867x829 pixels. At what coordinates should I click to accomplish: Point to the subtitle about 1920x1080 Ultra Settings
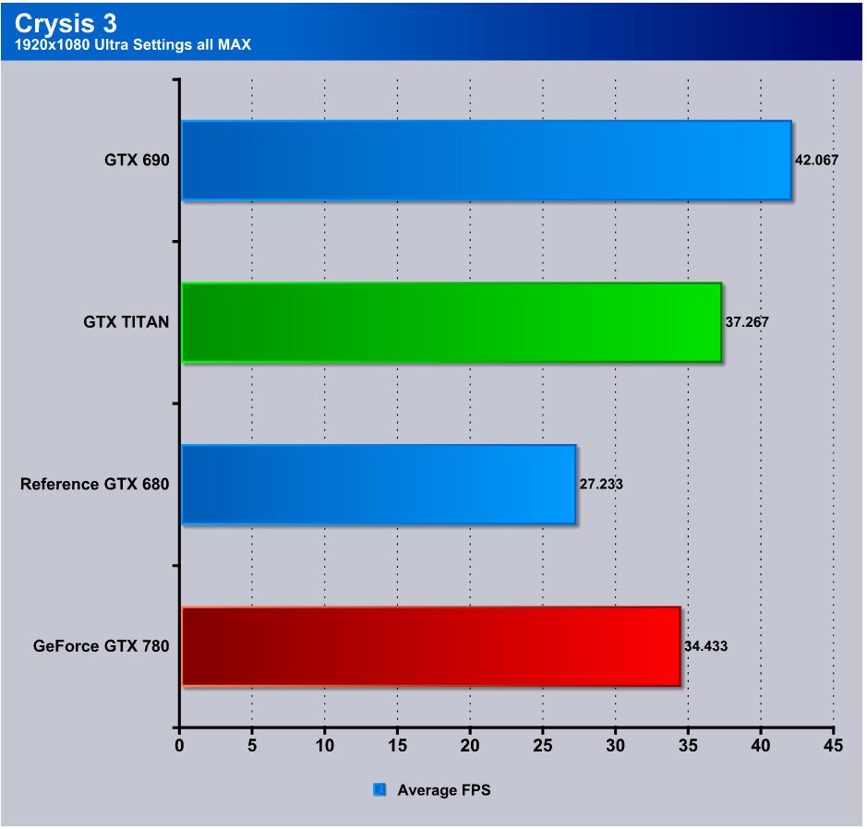pyautogui.click(x=133, y=44)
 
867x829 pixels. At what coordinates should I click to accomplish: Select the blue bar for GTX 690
pyautogui.click(x=486, y=160)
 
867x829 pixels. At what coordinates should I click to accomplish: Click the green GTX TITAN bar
pyautogui.click(x=451, y=322)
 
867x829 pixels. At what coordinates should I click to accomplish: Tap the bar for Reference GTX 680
pyautogui.click(x=378, y=485)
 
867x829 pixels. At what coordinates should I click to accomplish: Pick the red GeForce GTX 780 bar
pyautogui.click(x=430, y=646)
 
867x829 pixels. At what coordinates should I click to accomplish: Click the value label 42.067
pyautogui.click(x=816, y=160)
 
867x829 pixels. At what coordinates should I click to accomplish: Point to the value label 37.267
pyautogui.click(x=747, y=322)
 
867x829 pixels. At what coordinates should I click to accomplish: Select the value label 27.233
pyautogui.click(x=601, y=484)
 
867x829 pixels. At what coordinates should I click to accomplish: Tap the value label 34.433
pyautogui.click(x=705, y=646)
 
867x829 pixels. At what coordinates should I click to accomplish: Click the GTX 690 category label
pyautogui.click(x=137, y=160)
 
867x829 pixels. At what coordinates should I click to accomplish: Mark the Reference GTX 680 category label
pyautogui.click(x=94, y=484)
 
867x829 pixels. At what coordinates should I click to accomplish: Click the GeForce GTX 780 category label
pyautogui.click(x=101, y=646)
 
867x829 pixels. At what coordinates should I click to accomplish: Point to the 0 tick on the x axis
pyautogui.click(x=179, y=745)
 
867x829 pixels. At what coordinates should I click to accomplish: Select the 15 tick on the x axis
pyautogui.click(x=397, y=745)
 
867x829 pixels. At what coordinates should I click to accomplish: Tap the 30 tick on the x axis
pyautogui.click(x=615, y=745)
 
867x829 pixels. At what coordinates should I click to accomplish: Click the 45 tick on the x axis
pyautogui.click(x=833, y=745)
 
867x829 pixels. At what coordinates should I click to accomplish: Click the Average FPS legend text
pyautogui.click(x=444, y=790)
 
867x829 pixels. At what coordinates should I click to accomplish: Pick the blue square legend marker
pyautogui.click(x=379, y=790)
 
